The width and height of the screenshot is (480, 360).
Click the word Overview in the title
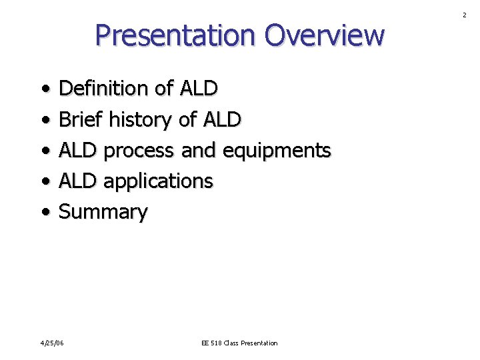[324, 35]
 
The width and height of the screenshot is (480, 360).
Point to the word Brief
[81, 119]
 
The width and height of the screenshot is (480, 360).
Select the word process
[140, 151]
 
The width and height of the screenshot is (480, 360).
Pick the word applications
[158, 181]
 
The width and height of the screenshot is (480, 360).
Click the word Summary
[103, 212]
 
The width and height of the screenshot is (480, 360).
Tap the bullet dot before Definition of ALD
[44, 89]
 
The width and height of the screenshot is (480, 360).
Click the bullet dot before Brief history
[44, 121]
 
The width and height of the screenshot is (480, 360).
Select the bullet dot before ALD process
[44, 151]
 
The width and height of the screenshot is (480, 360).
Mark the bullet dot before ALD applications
[44, 182]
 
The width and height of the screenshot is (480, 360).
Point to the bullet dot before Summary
[44, 213]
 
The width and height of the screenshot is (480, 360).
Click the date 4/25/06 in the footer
[51, 343]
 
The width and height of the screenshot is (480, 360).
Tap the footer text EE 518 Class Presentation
[239, 343]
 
